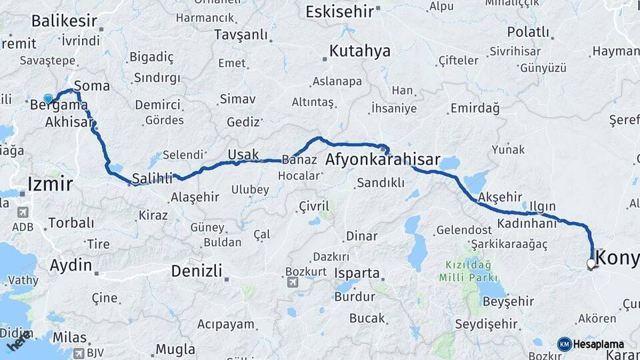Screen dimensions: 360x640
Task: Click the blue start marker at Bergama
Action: tap(48, 99)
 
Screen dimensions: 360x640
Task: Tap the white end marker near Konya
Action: tap(591, 264)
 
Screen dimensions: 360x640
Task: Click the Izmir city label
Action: tap(50, 184)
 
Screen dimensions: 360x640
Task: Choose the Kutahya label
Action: tap(360, 51)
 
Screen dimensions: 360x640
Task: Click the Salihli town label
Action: tap(153, 178)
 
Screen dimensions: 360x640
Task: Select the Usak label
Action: tap(243, 155)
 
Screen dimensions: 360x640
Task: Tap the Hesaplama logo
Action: tap(591, 344)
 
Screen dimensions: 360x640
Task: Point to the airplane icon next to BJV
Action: tap(79, 353)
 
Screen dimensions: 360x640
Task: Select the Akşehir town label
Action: tap(500, 197)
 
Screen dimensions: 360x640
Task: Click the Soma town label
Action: tap(92, 86)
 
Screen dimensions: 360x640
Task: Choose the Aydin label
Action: tap(71, 265)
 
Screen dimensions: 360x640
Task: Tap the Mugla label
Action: tap(175, 349)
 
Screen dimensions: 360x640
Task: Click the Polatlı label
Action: tap(528, 32)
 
